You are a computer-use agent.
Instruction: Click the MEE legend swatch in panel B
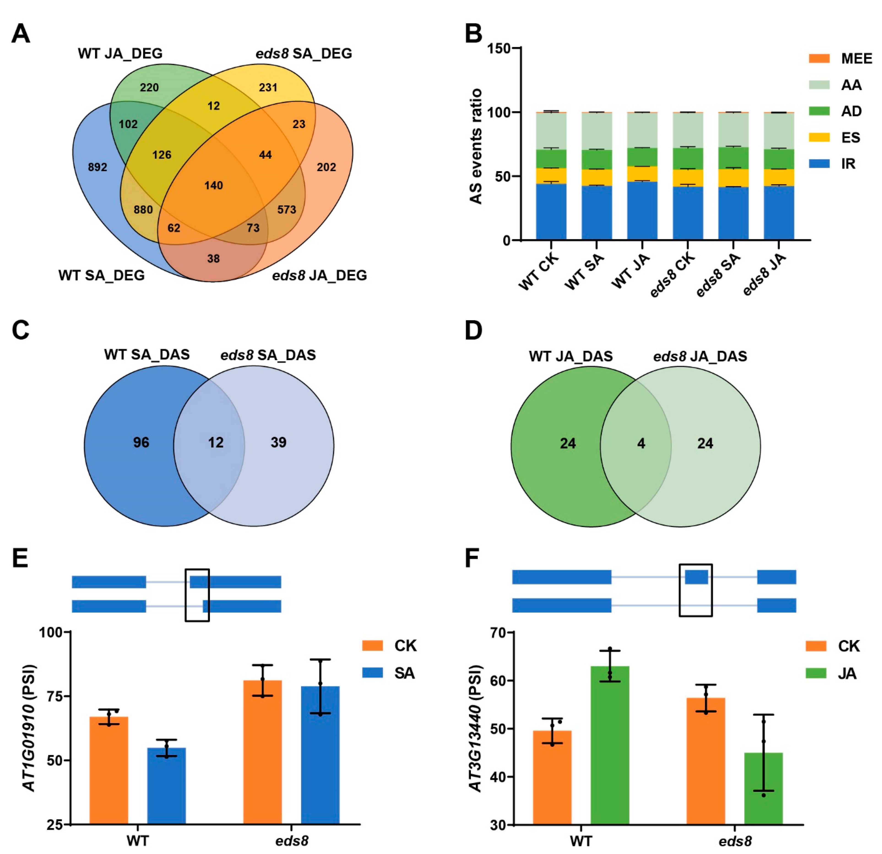(819, 59)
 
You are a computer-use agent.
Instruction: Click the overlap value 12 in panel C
(216, 443)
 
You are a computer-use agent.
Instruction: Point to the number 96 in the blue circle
(141, 443)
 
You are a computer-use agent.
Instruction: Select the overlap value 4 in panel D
(641, 444)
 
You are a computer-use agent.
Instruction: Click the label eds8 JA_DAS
(700, 356)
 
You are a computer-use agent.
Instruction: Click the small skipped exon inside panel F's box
(696, 577)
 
